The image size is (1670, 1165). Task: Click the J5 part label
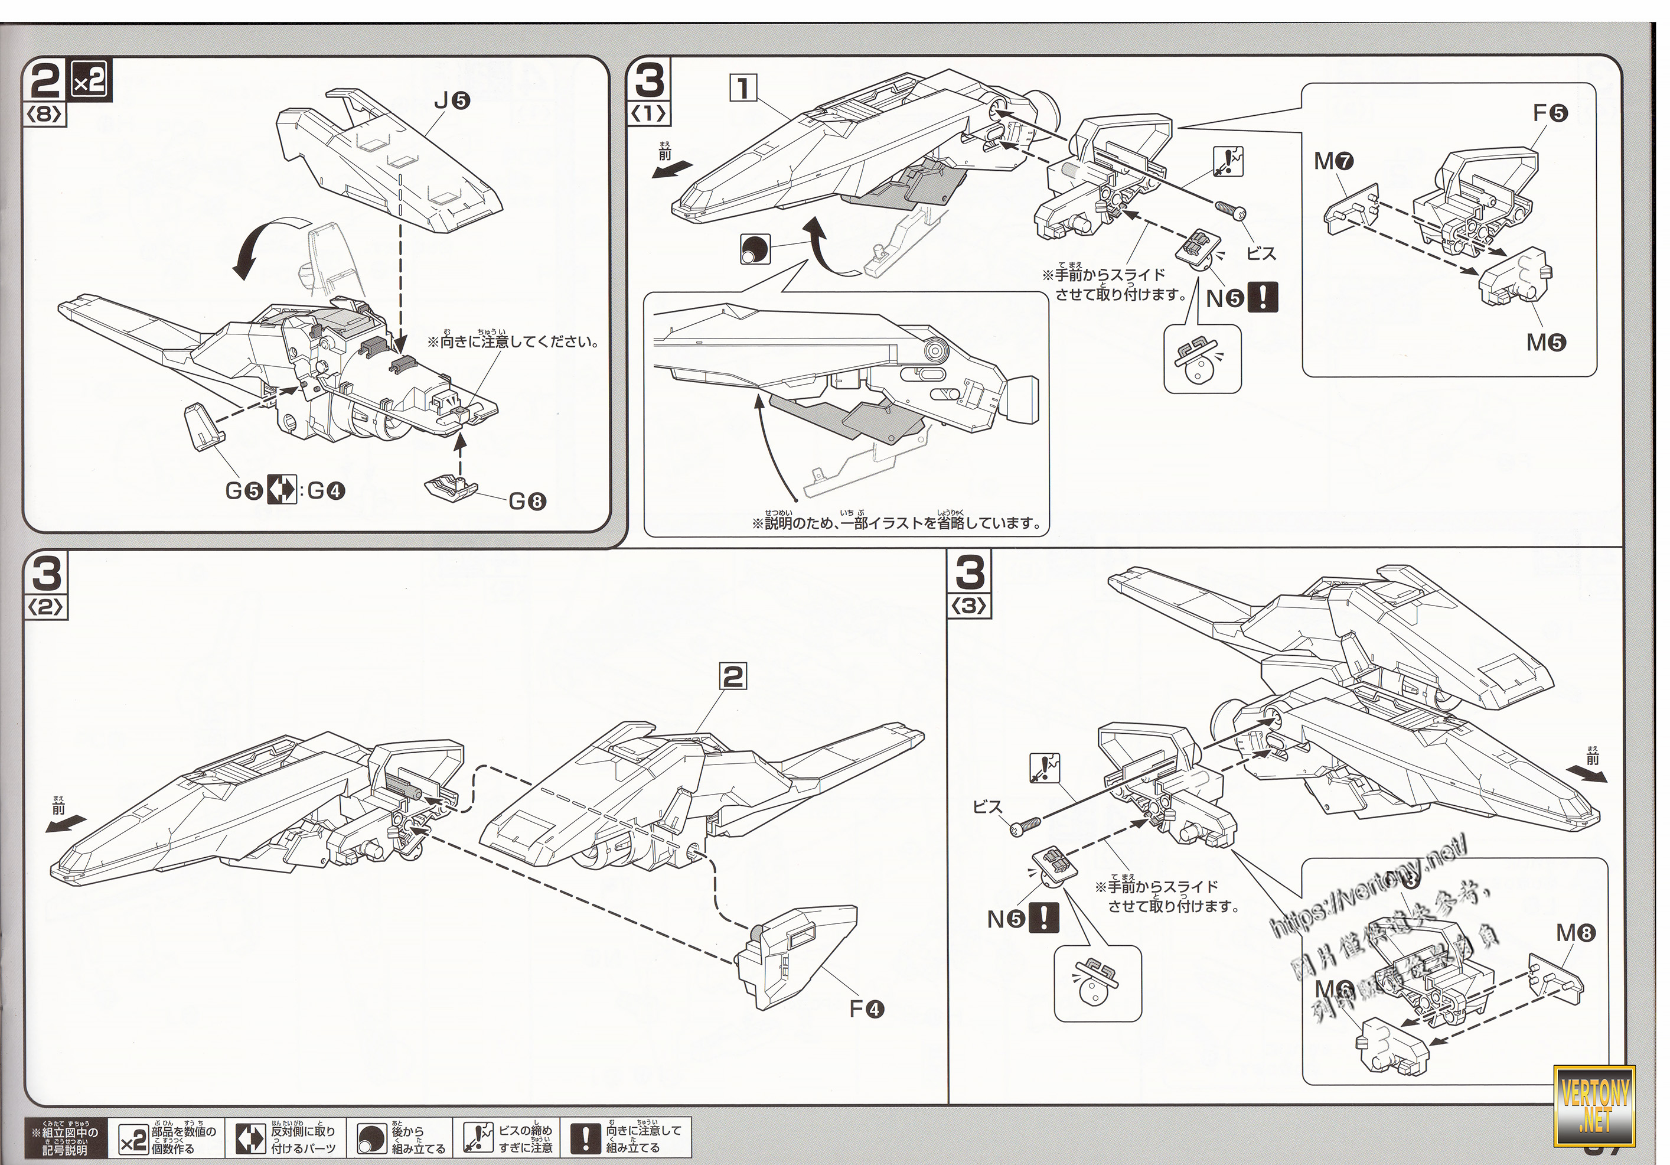point(452,101)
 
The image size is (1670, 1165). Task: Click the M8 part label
point(1576,933)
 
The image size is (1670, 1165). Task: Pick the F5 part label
point(1550,113)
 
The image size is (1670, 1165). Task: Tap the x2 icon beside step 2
point(90,80)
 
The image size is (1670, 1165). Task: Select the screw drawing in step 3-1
point(1230,209)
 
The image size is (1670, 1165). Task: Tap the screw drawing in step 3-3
point(1024,826)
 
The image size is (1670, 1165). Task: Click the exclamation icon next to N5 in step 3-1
point(1262,298)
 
